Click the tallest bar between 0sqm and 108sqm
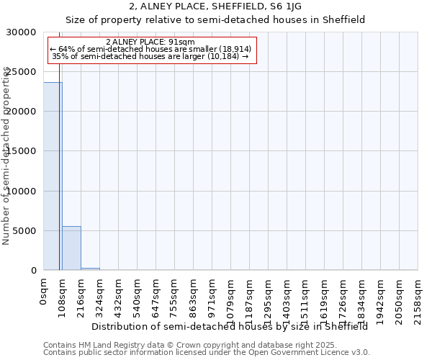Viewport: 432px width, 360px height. coord(53,176)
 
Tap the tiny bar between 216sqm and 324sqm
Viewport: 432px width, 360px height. coord(90,269)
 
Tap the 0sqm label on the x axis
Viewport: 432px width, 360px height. coord(44,294)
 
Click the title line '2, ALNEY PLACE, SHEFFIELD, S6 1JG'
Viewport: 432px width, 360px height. coord(216,6)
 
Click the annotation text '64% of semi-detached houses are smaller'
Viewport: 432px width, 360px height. coord(151,49)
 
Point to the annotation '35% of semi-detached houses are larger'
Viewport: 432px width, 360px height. coord(151,56)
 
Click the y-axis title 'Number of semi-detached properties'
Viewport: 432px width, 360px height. coord(6,156)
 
